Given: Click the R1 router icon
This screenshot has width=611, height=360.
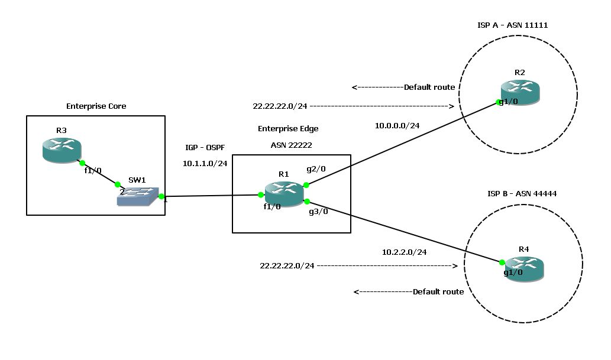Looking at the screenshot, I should (x=283, y=193).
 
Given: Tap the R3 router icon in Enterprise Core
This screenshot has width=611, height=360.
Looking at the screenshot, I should (x=62, y=150).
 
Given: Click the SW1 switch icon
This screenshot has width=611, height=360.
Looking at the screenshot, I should (x=139, y=197).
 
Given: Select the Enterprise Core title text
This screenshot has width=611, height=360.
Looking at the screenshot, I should (x=96, y=106).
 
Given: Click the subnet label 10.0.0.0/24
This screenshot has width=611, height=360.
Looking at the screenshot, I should (x=397, y=126).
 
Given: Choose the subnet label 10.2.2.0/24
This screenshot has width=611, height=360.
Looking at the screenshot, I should (x=405, y=252).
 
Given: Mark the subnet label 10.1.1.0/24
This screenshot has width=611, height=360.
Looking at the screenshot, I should (x=205, y=164).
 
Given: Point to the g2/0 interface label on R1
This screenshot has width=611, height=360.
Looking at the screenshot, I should (x=315, y=168).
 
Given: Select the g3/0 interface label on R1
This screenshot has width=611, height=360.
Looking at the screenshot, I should (x=318, y=212).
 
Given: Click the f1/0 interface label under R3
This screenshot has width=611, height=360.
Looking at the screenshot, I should (x=92, y=170).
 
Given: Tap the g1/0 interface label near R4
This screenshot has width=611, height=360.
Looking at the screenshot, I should (x=513, y=273).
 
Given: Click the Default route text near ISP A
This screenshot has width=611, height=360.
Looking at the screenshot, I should (x=429, y=87).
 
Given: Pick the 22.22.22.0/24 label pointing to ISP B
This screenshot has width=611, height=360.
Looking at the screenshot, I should (x=287, y=266).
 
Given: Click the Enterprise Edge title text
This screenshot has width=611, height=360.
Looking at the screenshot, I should (x=288, y=128).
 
